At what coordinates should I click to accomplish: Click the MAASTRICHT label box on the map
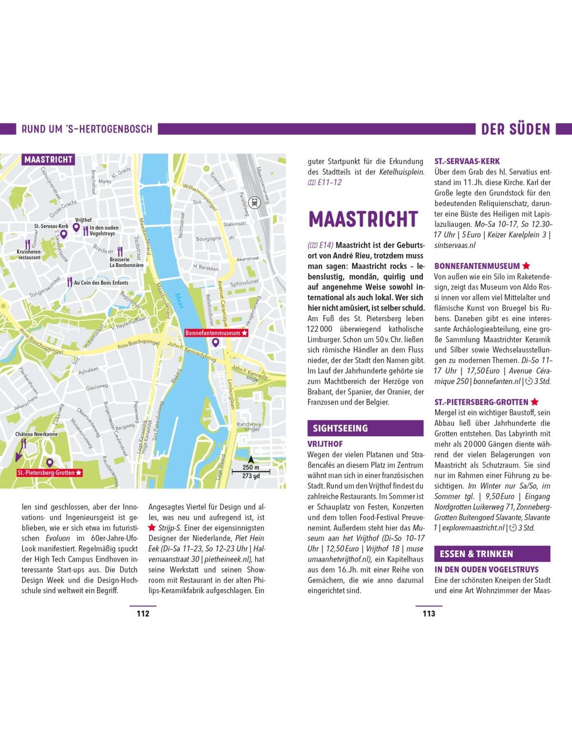(x=48, y=160)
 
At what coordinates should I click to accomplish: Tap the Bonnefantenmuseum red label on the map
(x=216, y=333)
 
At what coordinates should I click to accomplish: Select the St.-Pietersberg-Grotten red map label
(x=50, y=473)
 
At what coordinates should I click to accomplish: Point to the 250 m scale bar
(x=251, y=471)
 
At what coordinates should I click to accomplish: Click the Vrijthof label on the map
(x=83, y=220)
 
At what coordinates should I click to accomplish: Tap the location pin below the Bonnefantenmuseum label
(x=215, y=342)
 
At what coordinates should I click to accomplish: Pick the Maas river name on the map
(x=179, y=300)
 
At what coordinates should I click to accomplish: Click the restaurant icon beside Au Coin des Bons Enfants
(x=70, y=282)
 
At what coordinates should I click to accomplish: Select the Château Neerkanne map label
(x=36, y=434)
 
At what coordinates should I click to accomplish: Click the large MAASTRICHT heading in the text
(x=363, y=219)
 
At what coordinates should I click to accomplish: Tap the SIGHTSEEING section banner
(x=365, y=428)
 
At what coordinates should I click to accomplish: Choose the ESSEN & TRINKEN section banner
(x=492, y=554)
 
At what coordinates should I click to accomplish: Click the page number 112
(x=143, y=613)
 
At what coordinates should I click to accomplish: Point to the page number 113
(x=429, y=613)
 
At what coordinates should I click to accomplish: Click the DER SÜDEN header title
(x=515, y=129)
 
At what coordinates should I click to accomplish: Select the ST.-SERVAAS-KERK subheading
(x=467, y=161)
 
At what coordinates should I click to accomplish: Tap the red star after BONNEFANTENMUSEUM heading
(x=526, y=266)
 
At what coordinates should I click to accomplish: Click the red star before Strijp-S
(x=152, y=528)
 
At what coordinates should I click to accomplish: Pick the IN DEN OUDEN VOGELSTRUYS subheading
(x=486, y=570)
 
